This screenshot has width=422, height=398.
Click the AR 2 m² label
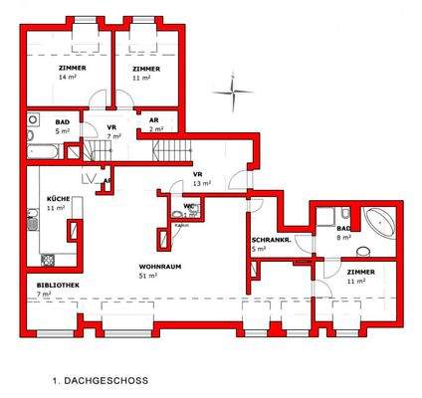pos(155,125)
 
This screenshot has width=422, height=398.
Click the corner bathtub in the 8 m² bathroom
pos(377,219)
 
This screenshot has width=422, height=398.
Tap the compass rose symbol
pos(237,94)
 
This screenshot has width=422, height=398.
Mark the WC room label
pos(188,209)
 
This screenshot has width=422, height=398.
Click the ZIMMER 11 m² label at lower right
pos(359,278)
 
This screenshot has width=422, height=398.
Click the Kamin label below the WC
pos(181,225)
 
